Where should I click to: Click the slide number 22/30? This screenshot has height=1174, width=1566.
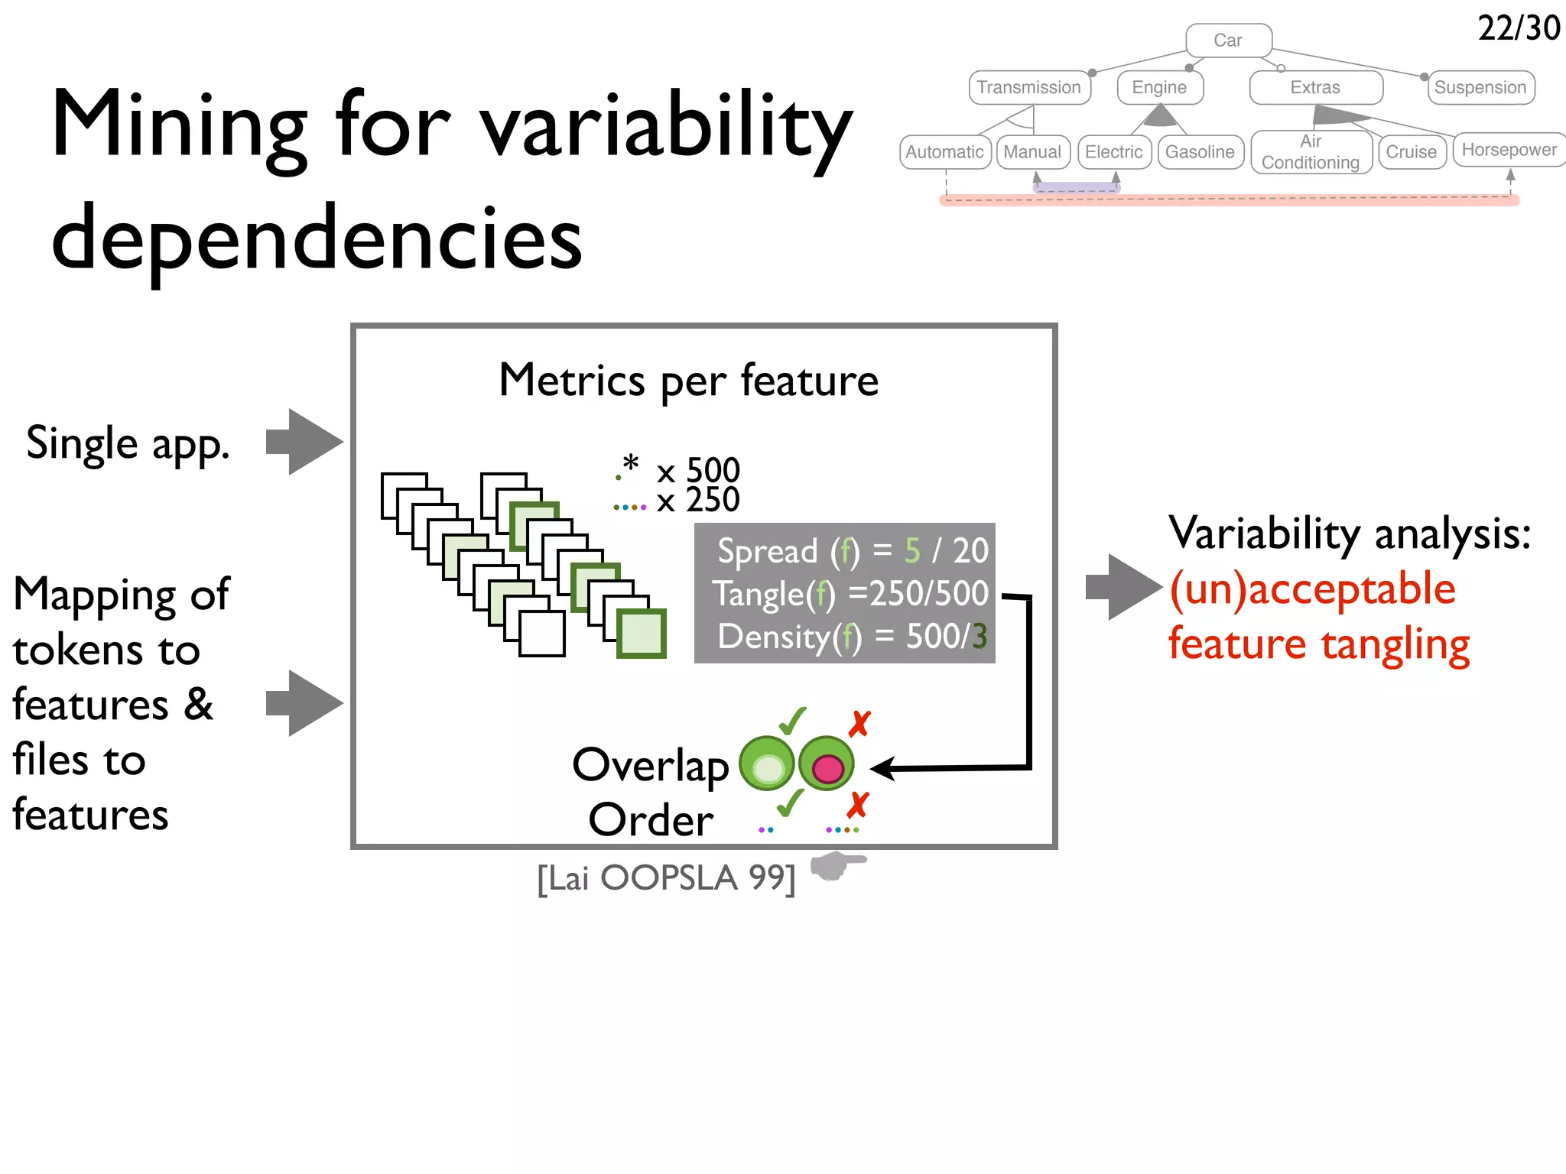click(x=1518, y=29)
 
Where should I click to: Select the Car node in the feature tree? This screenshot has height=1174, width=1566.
click(x=1228, y=41)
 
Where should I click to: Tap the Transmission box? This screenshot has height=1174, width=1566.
click(x=1029, y=88)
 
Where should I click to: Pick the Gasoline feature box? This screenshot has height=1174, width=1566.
click(x=1200, y=152)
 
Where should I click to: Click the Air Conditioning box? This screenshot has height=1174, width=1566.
click(x=1311, y=152)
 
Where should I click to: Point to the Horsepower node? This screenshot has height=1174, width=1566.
click(x=1509, y=150)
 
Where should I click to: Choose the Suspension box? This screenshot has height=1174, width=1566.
click(x=1480, y=88)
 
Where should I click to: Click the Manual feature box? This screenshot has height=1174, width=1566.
click(x=1032, y=152)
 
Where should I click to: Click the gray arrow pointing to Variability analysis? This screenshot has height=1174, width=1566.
click(x=1123, y=587)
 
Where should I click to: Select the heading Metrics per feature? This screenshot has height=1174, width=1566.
click(x=688, y=381)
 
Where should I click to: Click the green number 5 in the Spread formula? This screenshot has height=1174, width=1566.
click(x=912, y=551)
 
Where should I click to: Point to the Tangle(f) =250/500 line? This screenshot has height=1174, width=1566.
click(x=850, y=594)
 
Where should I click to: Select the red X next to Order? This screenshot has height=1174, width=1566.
click(x=858, y=805)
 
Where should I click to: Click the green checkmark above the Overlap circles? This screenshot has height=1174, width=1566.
click(x=792, y=720)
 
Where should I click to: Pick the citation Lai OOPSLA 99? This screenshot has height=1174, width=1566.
click(x=666, y=878)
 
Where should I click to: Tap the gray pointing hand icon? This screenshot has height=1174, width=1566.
click(x=837, y=866)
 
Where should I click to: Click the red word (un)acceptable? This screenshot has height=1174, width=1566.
click(x=1312, y=589)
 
